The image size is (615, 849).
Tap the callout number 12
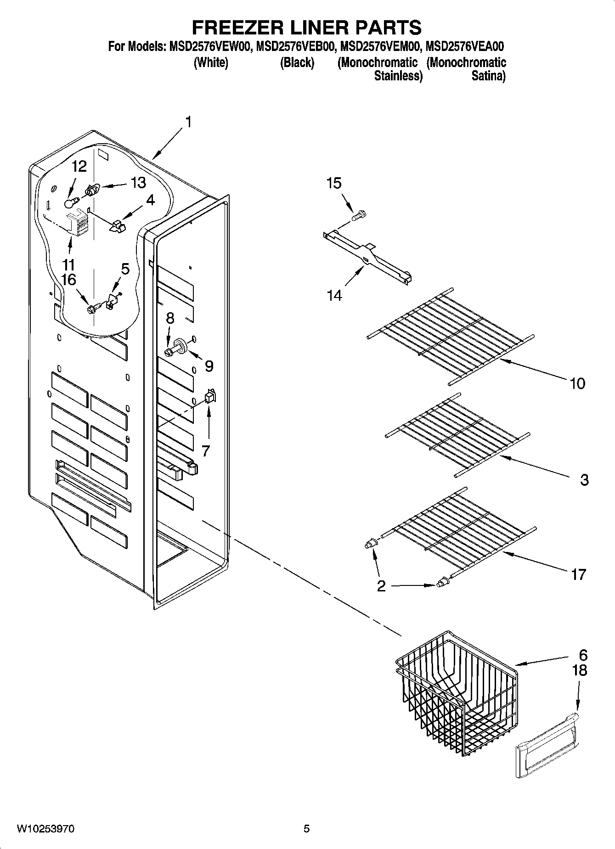79,166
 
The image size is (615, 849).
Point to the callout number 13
138,183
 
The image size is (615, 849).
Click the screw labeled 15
359,215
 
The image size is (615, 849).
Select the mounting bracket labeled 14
367,258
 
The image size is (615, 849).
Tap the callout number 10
577,383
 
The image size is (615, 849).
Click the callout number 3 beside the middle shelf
584,480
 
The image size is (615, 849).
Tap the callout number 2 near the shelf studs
381,586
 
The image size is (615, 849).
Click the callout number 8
170,318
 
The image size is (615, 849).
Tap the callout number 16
69,280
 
